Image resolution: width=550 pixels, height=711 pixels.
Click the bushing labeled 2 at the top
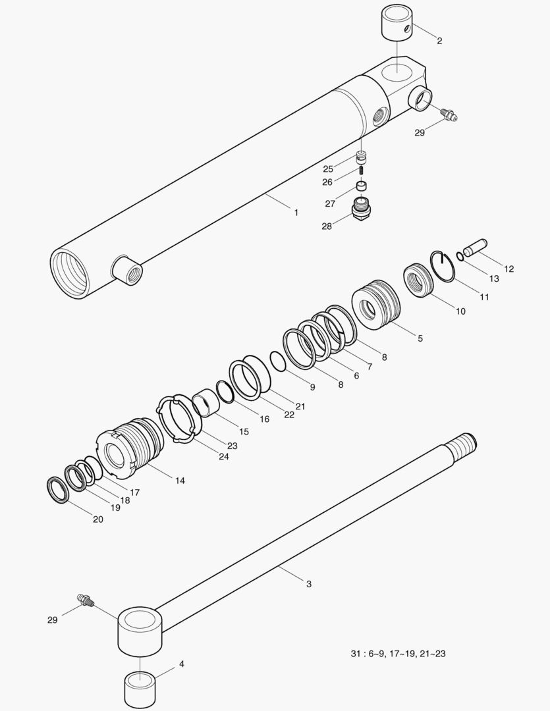pyautogui.click(x=397, y=22)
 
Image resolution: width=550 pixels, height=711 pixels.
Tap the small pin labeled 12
pyautogui.click(x=475, y=247)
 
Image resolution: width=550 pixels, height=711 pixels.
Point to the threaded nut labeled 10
pyautogui.click(x=419, y=280)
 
